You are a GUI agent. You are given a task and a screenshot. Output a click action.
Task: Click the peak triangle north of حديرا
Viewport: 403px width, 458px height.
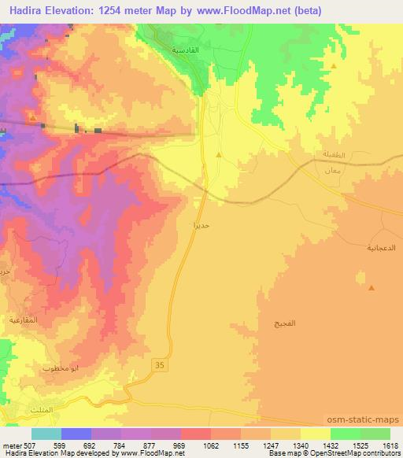point(218,154)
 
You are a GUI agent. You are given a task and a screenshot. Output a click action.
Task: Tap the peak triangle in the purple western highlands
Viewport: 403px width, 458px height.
point(32,119)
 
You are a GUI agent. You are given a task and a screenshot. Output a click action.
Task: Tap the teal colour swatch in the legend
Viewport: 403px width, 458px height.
point(46,434)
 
